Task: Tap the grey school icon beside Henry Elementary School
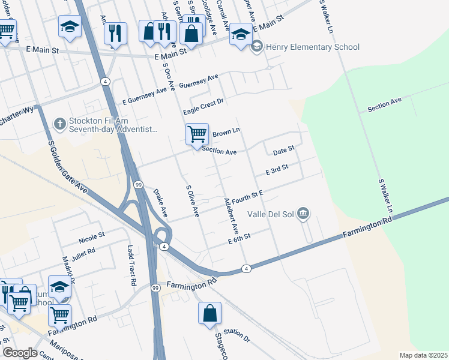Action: (x=257, y=46)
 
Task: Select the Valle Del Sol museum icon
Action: (x=304, y=214)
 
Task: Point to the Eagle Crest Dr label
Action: (x=203, y=107)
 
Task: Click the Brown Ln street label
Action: (x=226, y=131)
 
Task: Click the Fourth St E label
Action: (x=248, y=196)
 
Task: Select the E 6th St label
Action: (x=238, y=239)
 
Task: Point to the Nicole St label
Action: (x=91, y=238)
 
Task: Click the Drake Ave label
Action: (x=160, y=203)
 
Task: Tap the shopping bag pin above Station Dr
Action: (x=209, y=313)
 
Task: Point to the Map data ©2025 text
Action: (x=423, y=355)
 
